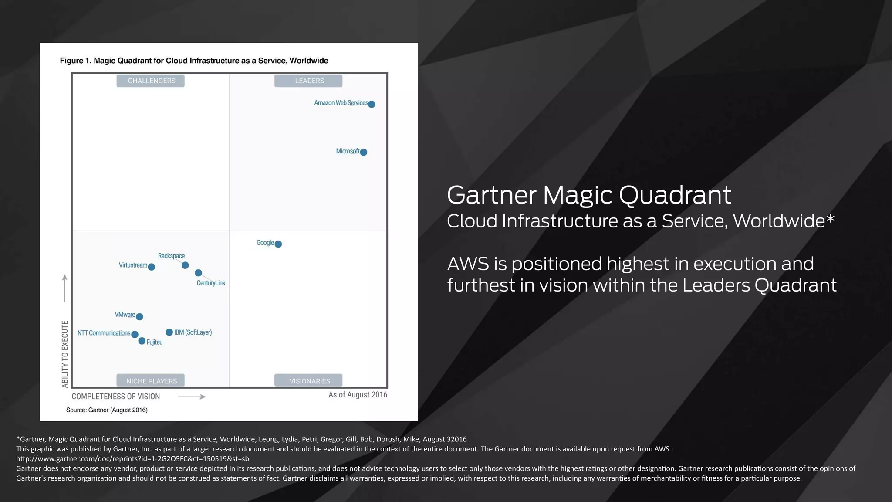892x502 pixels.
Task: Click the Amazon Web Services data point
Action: [372, 104]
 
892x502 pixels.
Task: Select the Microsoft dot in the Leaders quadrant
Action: [364, 152]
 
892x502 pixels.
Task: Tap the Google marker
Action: [278, 244]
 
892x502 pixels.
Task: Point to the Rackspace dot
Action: [185, 265]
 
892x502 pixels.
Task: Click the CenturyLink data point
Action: [199, 273]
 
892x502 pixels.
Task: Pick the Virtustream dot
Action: [152, 267]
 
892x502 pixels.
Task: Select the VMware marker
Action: [139, 317]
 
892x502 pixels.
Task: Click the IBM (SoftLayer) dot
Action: [169, 332]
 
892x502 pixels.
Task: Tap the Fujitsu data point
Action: [142, 341]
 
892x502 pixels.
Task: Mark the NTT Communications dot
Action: [135, 335]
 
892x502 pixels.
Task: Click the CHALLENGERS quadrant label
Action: [151, 81]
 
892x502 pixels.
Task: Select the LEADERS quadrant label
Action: [309, 81]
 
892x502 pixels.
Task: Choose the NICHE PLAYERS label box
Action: [151, 381]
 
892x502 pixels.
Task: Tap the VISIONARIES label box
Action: [309, 381]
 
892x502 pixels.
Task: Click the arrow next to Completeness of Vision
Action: [192, 397]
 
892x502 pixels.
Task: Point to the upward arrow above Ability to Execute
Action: [65, 288]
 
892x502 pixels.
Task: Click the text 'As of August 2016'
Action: [358, 395]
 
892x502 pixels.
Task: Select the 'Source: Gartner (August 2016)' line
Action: [107, 410]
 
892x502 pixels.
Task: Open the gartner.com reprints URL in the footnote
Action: [132, 459]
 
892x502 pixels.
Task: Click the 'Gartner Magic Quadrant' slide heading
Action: [589, 195]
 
